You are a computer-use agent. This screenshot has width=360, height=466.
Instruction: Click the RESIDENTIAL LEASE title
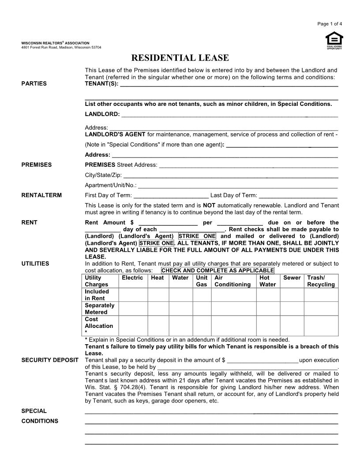(x=180, y=58)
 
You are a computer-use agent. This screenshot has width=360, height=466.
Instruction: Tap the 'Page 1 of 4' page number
(x=330, y=24)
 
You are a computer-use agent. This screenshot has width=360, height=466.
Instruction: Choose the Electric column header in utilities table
(x=132, y=278)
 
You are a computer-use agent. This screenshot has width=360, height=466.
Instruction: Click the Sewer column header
(x=292, y=278)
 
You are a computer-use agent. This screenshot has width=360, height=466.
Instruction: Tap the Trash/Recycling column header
(x=321, y=281)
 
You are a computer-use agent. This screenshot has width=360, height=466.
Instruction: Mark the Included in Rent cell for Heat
(x=158, y=295)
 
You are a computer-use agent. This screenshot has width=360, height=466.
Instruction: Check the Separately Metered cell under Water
(x=180, y=308)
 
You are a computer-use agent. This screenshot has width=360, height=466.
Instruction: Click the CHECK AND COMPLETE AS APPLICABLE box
(x=218, y=271)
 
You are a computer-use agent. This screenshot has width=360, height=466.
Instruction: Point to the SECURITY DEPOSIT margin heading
(x=50, y=360)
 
